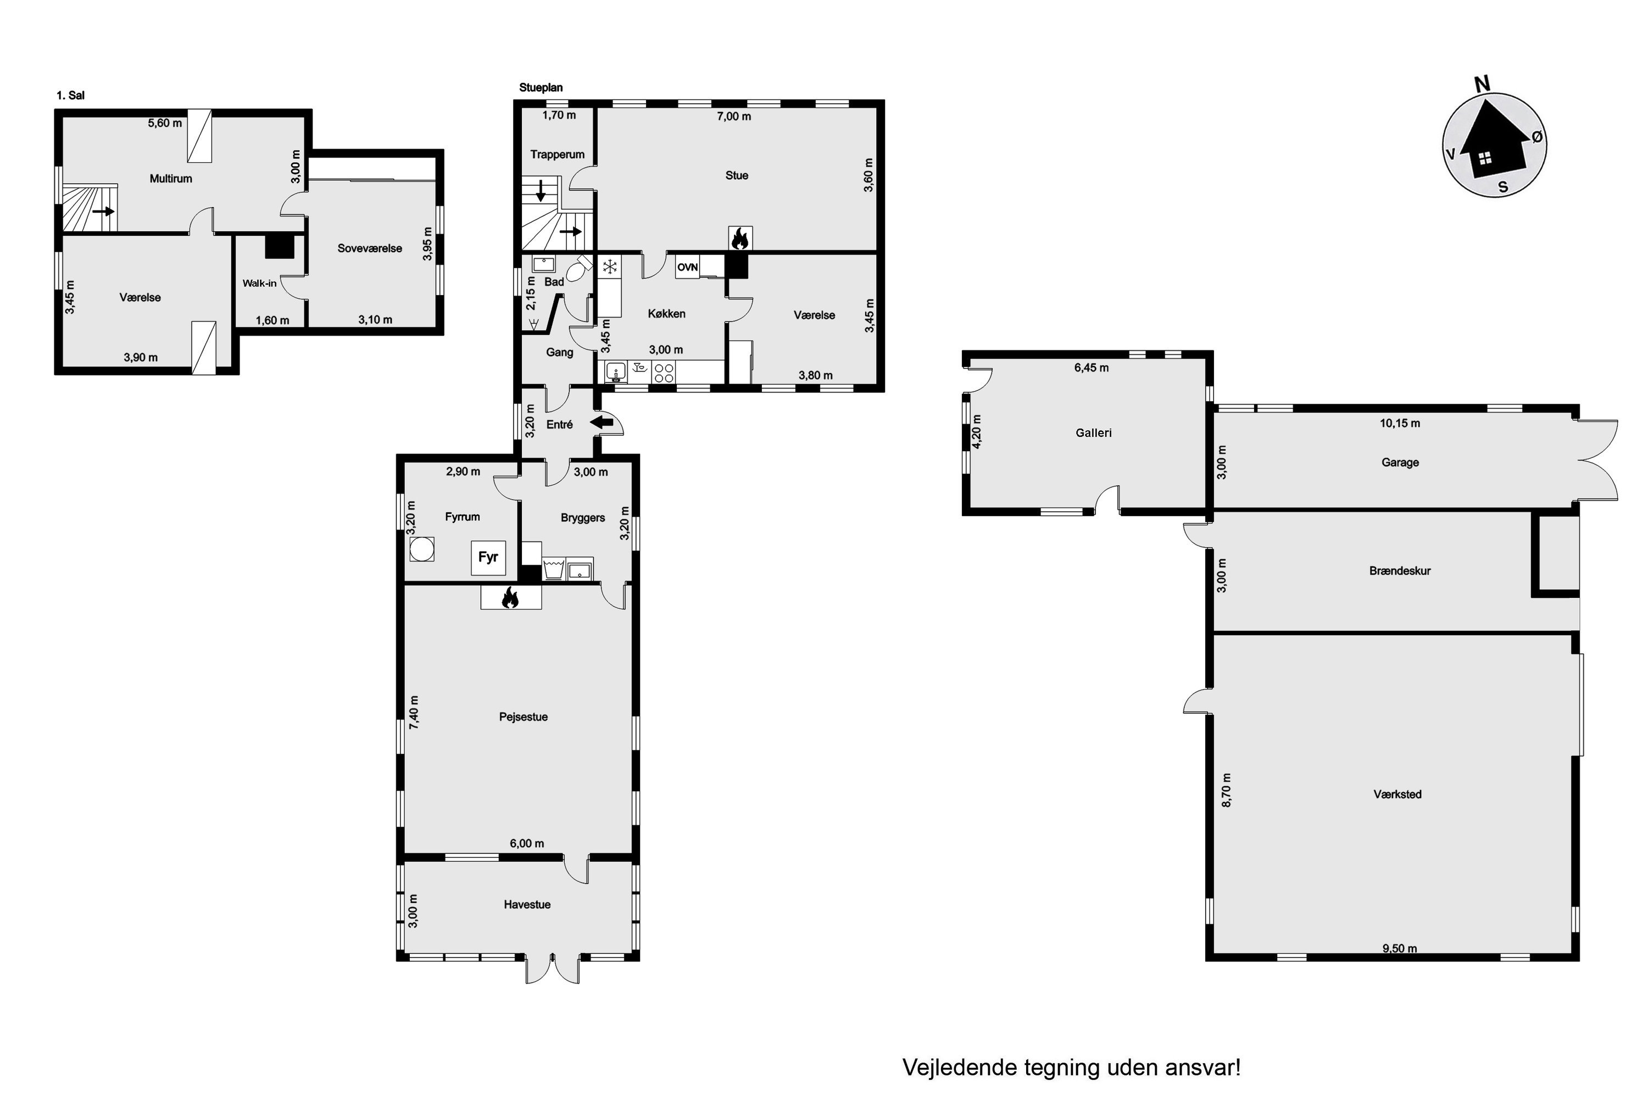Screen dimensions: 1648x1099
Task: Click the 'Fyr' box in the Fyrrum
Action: pos(488,558)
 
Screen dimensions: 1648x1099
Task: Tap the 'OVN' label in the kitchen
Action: pos(687,267)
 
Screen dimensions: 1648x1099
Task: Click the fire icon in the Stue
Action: pos(741,238)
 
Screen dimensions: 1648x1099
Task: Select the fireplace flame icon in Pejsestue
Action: pos(510,598)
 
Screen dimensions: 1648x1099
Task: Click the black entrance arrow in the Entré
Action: pos(601,423)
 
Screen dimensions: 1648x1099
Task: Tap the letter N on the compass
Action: pos(1482,85)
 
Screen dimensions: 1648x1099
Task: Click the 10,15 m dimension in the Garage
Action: pos(1400,423)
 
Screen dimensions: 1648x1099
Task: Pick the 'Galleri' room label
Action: pos(1094,433)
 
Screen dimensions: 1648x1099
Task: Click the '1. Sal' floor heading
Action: pos(71,95)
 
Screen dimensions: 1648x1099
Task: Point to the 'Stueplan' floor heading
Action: pos(541,87)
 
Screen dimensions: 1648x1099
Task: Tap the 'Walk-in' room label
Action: pos(259,283)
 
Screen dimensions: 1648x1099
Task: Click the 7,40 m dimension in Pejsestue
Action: pos(414,712)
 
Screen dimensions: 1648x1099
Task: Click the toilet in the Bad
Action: pos(579,269)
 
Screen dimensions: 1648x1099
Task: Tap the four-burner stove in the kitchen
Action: pos(664,372)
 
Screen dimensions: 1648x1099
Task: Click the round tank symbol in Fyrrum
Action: pos(422,549)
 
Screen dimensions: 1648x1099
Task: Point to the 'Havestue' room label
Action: pos(527,905)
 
